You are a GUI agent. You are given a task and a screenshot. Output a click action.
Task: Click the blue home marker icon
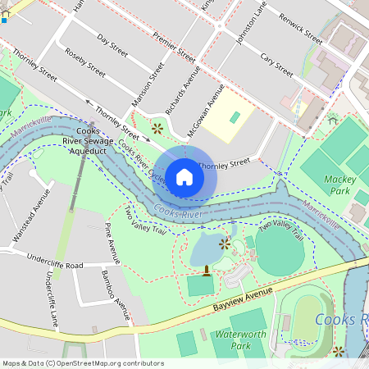[184, 176]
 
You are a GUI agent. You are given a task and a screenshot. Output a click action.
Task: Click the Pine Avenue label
[112, 244]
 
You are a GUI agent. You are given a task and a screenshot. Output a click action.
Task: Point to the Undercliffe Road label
[56, 266]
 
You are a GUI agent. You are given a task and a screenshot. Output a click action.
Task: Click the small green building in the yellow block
[235, 117]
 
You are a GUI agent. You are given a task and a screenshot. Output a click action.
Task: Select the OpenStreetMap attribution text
[83, 363]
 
